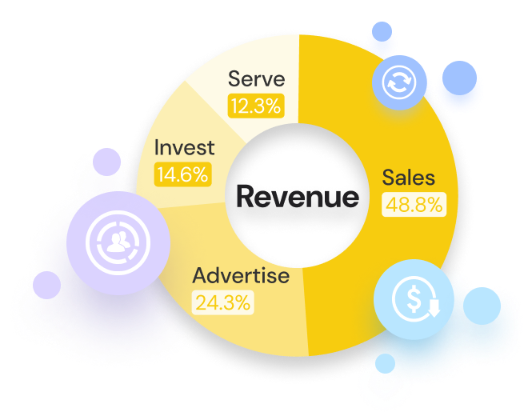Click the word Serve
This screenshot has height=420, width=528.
coord(256,79)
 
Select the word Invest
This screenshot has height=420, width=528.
coord(185,147)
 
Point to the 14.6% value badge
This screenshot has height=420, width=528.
coord(182,174)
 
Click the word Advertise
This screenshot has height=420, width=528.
coord(240,276)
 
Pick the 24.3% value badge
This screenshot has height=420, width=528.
coord(223,302)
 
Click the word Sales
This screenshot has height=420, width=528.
coord(408,177)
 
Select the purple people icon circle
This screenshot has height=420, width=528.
coord(118,240)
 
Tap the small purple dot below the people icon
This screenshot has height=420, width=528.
coord(46,285)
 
